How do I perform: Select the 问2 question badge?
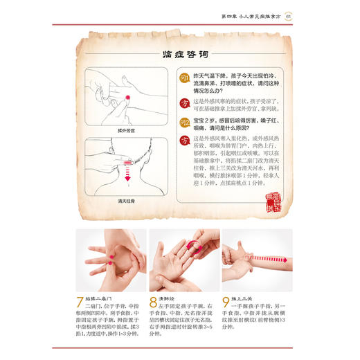coord(185,123)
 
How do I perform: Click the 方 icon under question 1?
coord(185,104)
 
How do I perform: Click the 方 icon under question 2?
coord(185,140)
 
